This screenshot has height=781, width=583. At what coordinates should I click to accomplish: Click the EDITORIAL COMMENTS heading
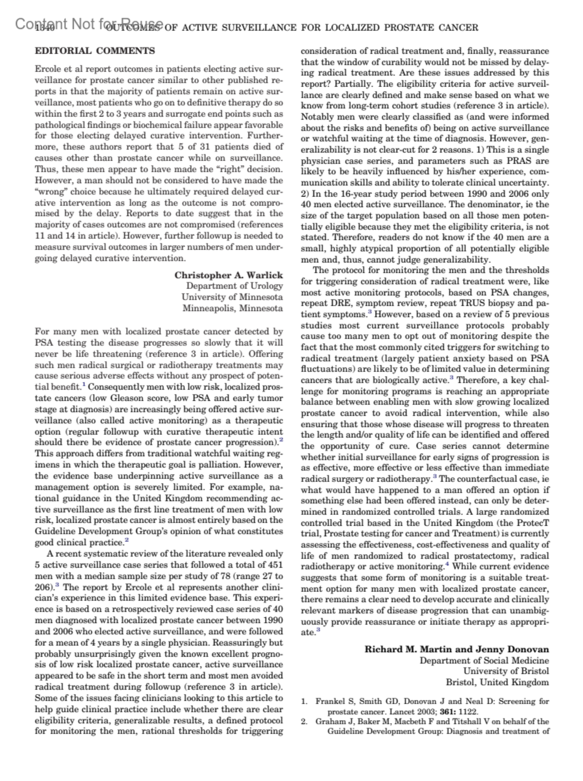click(95, 51)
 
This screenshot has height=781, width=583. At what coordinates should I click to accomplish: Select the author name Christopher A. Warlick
click(228, 275)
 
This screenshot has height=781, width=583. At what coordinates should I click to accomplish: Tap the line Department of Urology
click(234, 286)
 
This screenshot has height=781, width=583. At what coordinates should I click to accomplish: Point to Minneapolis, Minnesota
click(232, 308)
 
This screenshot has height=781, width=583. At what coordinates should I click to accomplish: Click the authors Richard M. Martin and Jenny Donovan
click(457, 649)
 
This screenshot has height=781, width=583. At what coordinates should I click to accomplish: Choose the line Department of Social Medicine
click(484, 660)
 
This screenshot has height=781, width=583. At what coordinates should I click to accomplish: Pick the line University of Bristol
click(506, 671)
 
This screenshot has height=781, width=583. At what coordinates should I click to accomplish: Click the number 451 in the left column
click(274, 565)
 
